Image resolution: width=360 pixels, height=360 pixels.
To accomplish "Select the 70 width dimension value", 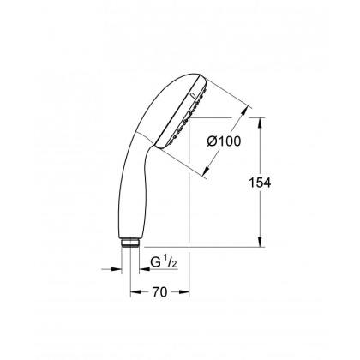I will (x=159, y=291).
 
